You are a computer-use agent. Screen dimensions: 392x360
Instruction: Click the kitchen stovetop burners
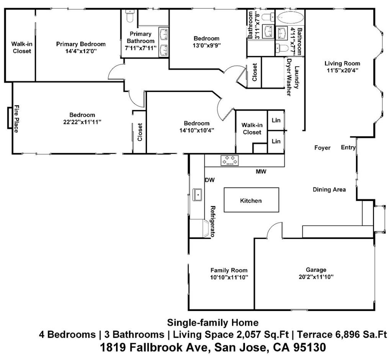[230, 160]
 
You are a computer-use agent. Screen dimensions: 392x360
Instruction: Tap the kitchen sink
[198, 195]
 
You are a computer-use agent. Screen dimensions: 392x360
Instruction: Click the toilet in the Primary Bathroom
[130, 16]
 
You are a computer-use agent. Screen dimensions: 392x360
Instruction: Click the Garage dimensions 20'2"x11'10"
[316, 277]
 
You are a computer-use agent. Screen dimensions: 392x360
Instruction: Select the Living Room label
[342, 64]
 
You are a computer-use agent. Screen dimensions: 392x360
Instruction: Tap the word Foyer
[322, 148]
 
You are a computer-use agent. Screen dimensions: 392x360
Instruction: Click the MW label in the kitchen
[261, 172]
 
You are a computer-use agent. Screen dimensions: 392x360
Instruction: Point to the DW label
[210, 180]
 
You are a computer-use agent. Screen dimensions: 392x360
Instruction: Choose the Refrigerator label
[213, 221]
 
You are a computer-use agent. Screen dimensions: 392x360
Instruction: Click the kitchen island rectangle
[251, 200]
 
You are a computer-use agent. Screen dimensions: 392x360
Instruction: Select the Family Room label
[229, 270]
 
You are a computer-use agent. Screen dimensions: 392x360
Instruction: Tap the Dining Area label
[329, 190]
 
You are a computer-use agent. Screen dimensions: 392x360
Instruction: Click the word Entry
[348, 147]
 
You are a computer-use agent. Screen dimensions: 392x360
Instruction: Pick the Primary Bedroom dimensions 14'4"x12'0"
[81, 51]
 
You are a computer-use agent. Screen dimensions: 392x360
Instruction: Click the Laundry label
[297, 77]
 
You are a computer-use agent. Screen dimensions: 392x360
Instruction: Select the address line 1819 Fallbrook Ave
[213, 347]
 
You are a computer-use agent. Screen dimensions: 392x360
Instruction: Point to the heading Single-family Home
[213, 322]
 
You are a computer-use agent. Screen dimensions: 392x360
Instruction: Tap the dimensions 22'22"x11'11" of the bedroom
[82, 122]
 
